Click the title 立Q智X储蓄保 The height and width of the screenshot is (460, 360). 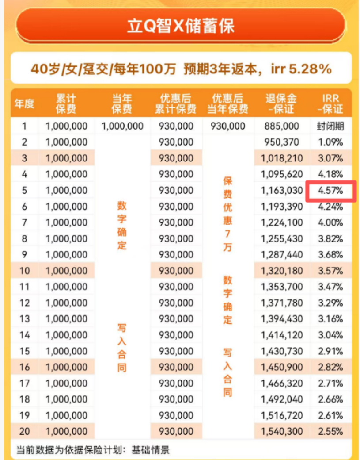pos(180,26)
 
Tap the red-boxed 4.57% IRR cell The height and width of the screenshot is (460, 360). pos(330,191)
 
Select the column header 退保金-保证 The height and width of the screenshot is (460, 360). pos(281,103)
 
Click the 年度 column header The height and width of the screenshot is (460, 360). pos(24,103)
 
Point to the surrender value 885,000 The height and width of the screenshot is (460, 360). pos(281,126)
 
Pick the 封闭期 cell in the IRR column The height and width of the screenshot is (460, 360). pos(330,126)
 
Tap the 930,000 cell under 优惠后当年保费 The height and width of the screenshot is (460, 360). pos(227,126)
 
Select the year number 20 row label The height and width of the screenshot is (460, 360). pos(24,431)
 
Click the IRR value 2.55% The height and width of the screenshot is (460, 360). pos(330,431)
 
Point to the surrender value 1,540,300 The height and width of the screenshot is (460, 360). pos(281,431)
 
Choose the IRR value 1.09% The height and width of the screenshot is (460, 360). pos(330,142)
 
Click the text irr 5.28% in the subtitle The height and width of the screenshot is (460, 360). pos(301,69)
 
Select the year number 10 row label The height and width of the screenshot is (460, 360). pos(24,271)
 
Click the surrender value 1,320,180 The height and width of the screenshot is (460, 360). pos(281,271)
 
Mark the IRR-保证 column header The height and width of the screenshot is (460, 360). pos(330,103)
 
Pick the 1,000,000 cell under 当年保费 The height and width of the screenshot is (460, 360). pos(122,126)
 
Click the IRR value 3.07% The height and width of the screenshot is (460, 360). pos(330,158)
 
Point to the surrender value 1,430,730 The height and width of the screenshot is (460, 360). pos(281,351)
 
